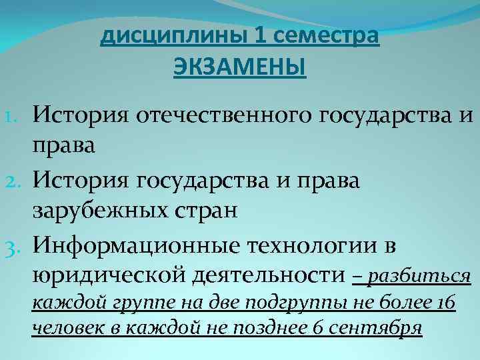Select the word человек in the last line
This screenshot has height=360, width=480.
coord(63,329)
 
